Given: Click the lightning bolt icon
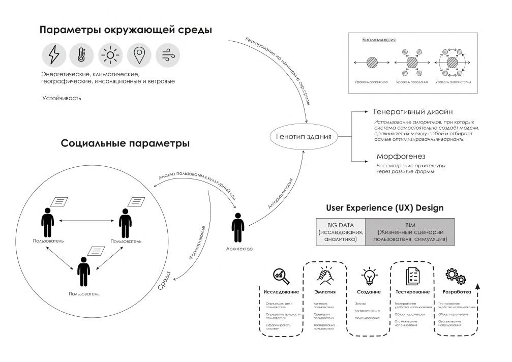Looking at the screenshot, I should [53, 55].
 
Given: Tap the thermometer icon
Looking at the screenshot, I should [81, 55].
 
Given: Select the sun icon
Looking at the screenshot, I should [109, 55].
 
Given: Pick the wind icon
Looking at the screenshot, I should [166, 55].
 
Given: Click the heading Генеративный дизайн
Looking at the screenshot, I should [413, 111].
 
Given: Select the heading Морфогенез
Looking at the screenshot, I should [401, 156].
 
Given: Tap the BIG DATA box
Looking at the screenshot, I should [341, 231].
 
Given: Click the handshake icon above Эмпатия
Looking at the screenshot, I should [324, 275].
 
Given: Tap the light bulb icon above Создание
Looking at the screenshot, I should [369, 275].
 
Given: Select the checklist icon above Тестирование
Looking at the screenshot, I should [412, 275].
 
